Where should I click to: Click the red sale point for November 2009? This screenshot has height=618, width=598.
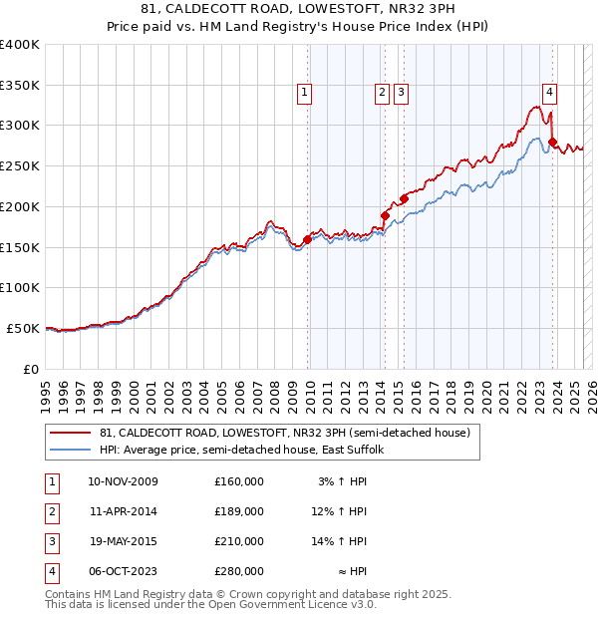307,239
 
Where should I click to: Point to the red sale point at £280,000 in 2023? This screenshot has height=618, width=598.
552,142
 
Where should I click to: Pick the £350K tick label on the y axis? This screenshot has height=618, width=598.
20,86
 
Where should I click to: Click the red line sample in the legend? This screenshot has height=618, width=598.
69,433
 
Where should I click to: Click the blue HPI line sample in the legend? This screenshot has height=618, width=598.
69,450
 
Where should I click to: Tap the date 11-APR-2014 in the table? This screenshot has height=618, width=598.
123,511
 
